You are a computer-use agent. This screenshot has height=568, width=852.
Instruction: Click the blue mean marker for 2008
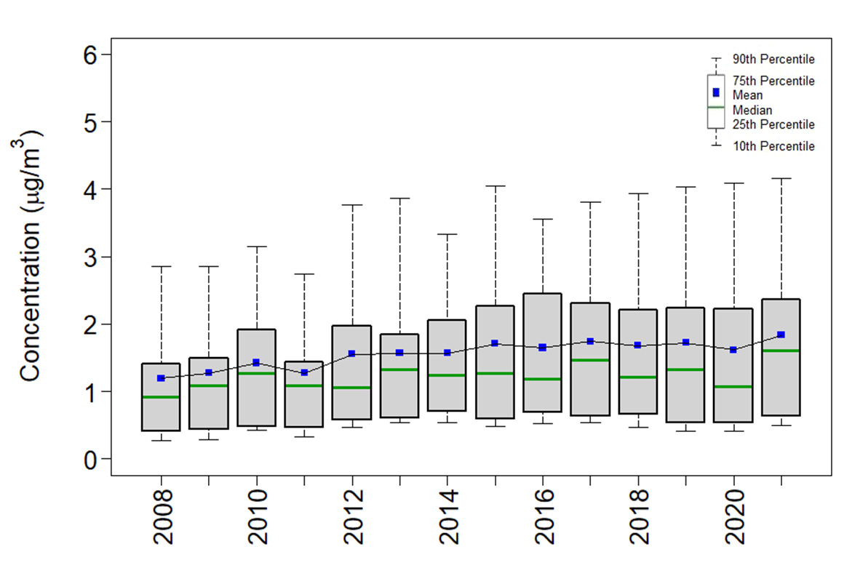point(161,378)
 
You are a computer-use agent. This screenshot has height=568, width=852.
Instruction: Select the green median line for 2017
point(590,360)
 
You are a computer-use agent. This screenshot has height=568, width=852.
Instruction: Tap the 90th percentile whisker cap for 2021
point(781,178)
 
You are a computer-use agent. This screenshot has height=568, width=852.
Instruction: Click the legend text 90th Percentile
point(773,59)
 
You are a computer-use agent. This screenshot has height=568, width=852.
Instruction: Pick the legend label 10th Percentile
point(773,146)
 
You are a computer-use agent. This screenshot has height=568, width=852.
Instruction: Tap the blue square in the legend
point(716,92)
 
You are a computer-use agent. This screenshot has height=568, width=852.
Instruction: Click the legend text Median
point(752,110)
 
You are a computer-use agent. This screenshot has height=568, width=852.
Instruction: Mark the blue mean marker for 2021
point(781,335)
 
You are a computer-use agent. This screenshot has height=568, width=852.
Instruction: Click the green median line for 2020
point(733,386)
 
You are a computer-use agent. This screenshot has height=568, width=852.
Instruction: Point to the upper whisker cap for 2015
point(495,186)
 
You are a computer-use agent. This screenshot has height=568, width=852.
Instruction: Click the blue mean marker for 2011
point(304,372)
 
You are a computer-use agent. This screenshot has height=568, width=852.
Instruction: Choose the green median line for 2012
point(352,388)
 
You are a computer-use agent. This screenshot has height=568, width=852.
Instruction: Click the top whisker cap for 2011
point(304,274)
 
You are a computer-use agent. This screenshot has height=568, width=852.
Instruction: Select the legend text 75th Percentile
point(773,81)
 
